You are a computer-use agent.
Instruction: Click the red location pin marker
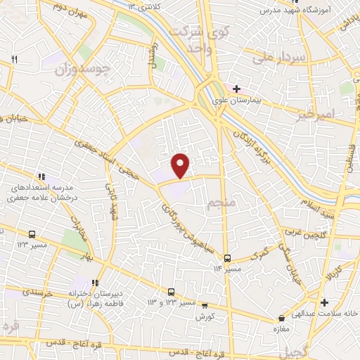pyautogui.click(x=181, y=165)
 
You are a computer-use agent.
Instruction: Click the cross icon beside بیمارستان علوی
pyautogui.click(x=237, y=89)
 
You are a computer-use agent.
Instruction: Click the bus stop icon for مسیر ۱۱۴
pyautogui.click(x=227, y=258)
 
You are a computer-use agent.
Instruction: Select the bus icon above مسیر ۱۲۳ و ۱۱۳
pyautogui.click(x=171, y=292)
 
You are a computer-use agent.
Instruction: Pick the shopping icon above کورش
pyautogui.click(x=205, y=306)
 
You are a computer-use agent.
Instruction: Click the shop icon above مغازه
pyautogui.click(x=281, y=319)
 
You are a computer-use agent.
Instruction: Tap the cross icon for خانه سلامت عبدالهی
pyautogui.click(x=324, y=303)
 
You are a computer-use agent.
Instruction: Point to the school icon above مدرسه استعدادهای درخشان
pyautogui.click(x=41, y=176)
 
